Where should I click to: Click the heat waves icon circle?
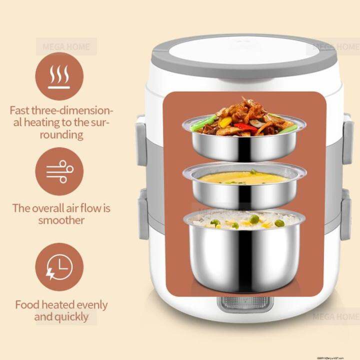(59, 76)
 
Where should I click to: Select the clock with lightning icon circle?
(59, 267)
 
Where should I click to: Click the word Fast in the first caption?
(22, 109)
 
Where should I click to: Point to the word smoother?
(62, 220)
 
